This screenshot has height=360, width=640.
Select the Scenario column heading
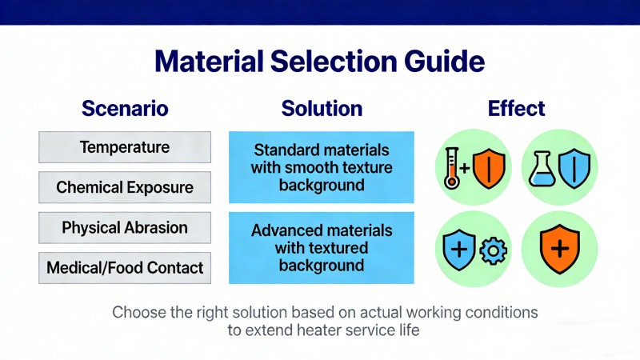click(125, 108)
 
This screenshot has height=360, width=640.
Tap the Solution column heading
click(322, 108)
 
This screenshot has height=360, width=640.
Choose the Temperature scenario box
click(125, 147)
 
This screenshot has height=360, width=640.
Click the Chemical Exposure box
click(125, 187)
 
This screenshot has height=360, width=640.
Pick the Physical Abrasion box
click(125, 227)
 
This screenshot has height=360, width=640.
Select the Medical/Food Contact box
click(125, 267)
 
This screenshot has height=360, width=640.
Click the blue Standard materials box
click(322, 167)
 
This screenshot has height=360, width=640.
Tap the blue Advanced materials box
click(322, 247)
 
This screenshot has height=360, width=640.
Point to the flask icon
click(539, 169)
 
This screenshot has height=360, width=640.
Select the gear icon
click(493, 250)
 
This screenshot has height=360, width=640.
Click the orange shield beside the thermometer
click(490, 169)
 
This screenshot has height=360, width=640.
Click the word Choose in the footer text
click(138, 311)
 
